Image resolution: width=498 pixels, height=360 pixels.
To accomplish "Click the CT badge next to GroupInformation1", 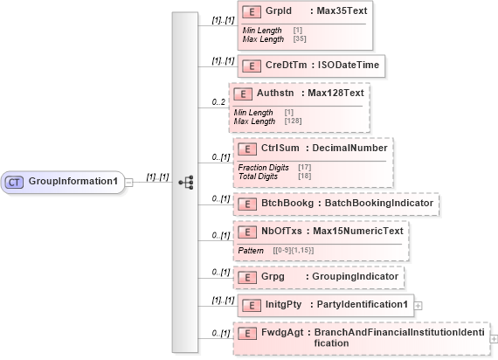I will (x=15, y=182).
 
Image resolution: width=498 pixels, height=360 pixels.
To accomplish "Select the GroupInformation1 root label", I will (x=73, y=182).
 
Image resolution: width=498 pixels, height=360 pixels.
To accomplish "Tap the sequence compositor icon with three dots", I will (x=184, y=182).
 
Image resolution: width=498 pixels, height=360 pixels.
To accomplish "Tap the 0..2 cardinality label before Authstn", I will (x=218, y=102).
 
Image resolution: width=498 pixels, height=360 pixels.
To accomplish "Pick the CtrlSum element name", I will (x=281, y=148).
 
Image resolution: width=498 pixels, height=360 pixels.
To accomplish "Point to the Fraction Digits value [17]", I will (x=305, y=167).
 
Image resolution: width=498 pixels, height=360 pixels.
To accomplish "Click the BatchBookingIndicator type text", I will (x=377, y=203).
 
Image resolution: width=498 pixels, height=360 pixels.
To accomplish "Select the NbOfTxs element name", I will (x=282, y=231).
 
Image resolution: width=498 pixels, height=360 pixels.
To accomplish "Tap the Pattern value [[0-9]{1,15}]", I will (x=294, y=251).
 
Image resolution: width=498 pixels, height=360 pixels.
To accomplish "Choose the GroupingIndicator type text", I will (x=358, y=276).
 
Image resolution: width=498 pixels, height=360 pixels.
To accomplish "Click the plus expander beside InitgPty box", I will (x=418, y=305).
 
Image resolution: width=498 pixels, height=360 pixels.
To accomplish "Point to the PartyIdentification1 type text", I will (x=361, y=304).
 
